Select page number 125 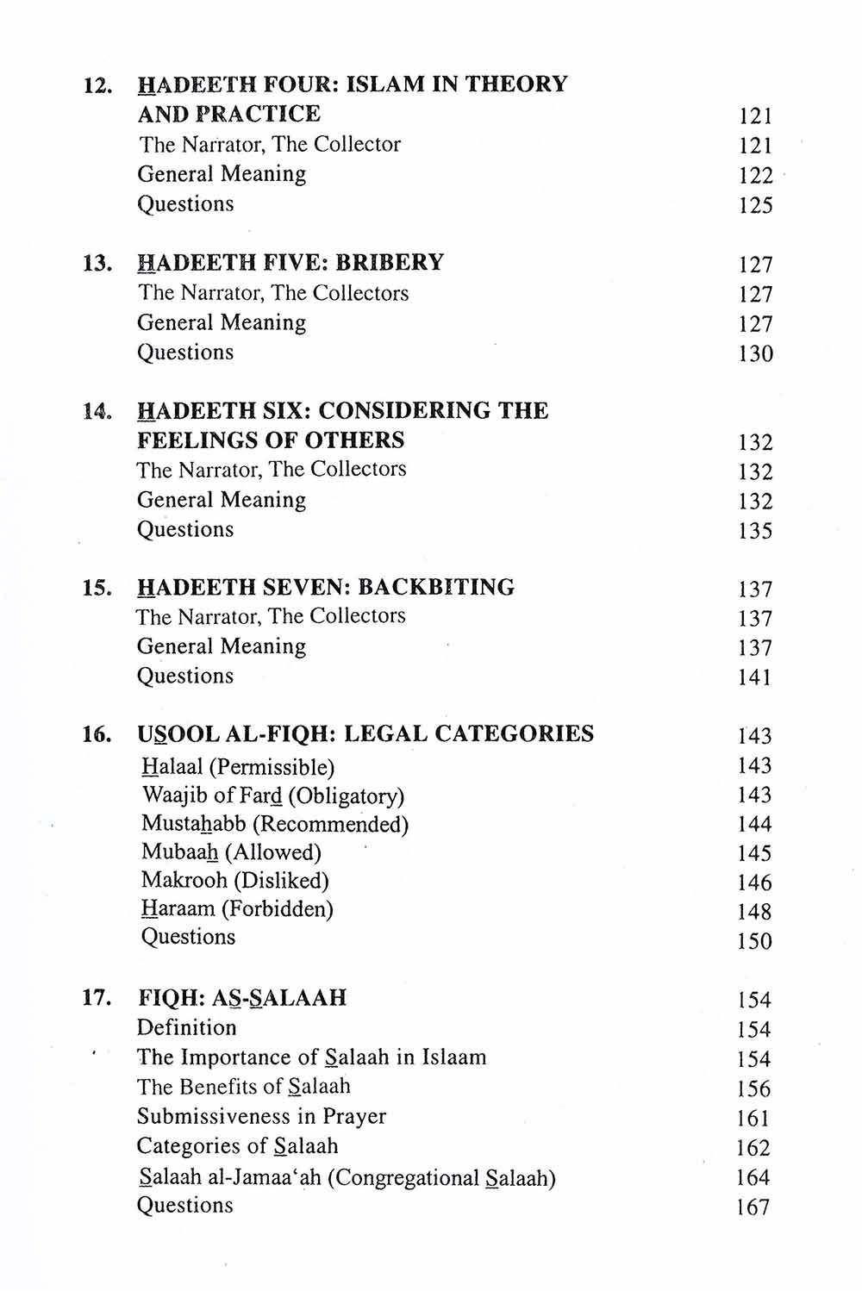click(755, 205)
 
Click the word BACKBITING click(435, 587)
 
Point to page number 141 click(754, 677)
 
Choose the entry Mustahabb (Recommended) click(275, 824)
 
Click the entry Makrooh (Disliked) click(235, 881)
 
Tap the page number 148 click(754, 912)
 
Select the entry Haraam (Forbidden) click(237, 909)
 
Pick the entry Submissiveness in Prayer click(261, 1116)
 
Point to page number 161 click(753, 1119)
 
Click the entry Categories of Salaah click(237, 1146)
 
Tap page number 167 click(753, 1207)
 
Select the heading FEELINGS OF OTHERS click(271, 440)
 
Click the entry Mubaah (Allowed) click(231, 852)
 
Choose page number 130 click(755, 354)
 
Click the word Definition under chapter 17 click(186, 1027)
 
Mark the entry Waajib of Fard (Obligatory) click(272, 795)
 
